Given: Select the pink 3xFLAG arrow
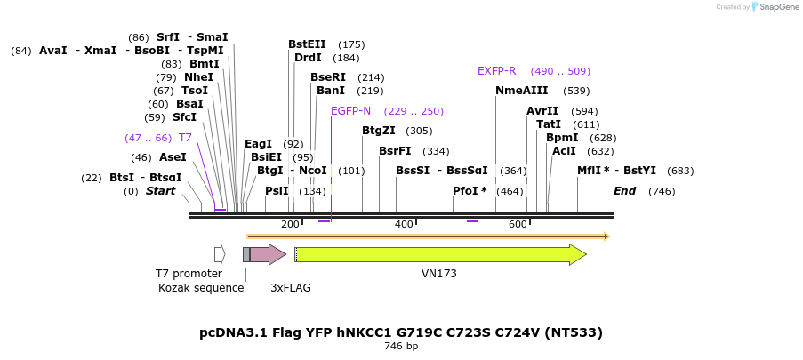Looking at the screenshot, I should point(267,255).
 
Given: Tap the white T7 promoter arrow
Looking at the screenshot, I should point(220,255).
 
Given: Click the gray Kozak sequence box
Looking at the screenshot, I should point(246,255).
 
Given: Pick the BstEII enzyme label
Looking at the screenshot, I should point(307,44).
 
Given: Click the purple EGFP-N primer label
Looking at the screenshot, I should point(350,111).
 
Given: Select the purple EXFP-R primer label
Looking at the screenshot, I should point(497,71).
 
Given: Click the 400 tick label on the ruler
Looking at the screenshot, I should point(404,225).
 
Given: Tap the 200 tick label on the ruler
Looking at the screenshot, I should point(290,225).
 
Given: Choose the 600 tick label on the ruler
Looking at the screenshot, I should point(518,225).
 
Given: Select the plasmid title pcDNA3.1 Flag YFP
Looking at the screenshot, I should point(401,332).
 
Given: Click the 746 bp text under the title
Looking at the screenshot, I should point(401,347).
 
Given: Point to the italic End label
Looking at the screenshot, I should point(624,191).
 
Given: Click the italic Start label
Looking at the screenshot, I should point(161,191).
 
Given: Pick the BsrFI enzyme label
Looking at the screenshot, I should point(395,151).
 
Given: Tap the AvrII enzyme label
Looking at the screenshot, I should point(542,111).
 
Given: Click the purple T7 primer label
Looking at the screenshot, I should point(185,138).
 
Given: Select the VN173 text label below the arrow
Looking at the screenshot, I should point(438,274).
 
